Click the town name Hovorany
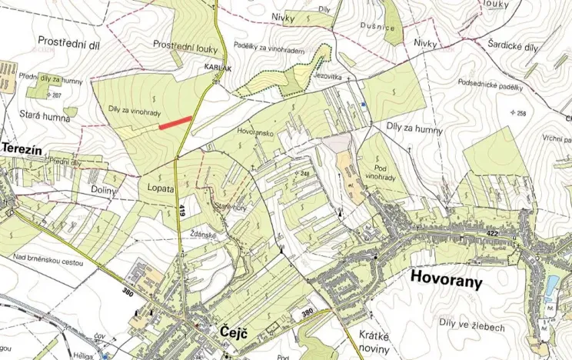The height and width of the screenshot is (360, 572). pos(447,280)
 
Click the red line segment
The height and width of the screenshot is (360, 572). pos(175,122)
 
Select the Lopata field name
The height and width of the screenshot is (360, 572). pos(157,188)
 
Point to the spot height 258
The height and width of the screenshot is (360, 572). pos(519,114)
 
